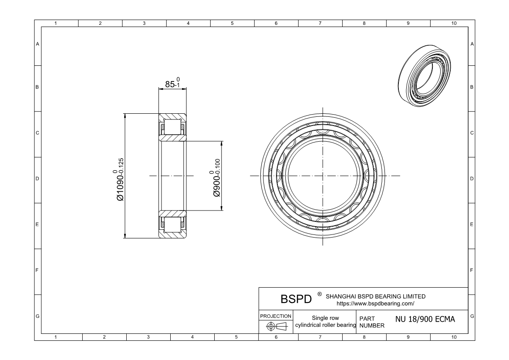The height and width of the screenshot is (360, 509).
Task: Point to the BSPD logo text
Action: (296, 299)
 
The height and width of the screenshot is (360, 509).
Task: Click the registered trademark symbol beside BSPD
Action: (320, 295)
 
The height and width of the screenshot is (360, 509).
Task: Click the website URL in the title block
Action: (375, 303)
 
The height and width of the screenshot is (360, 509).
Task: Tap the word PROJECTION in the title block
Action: (276, 316)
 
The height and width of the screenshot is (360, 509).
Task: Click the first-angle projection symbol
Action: (276, 326)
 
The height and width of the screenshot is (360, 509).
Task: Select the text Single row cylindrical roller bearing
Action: (326, 322)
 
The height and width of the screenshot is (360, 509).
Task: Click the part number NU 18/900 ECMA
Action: (425, 319)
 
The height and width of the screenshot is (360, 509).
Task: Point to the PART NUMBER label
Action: (371, 322)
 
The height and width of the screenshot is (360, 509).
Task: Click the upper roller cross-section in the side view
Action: (172, 128)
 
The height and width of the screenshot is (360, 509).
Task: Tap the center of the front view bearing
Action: (323, 176)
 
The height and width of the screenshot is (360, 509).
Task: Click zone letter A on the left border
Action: (37, 44)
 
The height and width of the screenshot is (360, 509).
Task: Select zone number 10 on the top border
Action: (454, 23)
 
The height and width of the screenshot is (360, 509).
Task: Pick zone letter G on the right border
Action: (472, 316)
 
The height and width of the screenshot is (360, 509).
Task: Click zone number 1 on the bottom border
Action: (56, 337)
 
